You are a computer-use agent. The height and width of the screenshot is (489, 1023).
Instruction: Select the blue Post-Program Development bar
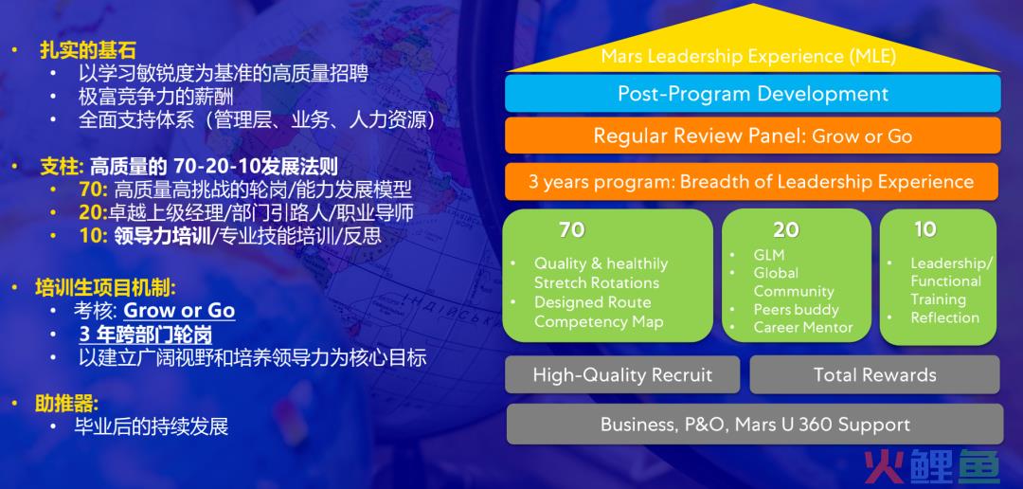752,94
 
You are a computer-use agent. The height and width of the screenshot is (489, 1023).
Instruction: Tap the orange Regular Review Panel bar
752,136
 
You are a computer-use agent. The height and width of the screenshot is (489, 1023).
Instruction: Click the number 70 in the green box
571,229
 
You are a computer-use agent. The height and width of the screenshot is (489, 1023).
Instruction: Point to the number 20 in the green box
786,229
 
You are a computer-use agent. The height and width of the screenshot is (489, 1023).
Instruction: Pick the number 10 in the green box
925,229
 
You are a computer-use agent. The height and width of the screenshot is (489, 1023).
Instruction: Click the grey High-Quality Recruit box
622,374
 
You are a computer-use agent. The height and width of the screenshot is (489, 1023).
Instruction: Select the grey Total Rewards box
874,374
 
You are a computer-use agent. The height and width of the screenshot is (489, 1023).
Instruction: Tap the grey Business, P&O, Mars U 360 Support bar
755,425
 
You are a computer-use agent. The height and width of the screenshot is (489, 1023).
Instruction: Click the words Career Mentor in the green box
803,328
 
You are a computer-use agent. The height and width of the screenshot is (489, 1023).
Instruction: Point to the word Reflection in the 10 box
944,318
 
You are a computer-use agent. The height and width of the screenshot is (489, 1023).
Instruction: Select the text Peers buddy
796,310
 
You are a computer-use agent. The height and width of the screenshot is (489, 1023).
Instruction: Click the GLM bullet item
768,255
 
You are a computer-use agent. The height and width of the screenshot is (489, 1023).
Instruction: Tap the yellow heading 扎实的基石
88,50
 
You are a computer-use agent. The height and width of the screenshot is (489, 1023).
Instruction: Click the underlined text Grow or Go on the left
179,310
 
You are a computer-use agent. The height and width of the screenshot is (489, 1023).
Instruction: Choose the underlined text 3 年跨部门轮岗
146,335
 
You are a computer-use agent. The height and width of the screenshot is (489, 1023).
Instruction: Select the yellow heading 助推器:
66,404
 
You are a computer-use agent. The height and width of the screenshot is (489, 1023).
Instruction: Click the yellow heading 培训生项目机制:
106,287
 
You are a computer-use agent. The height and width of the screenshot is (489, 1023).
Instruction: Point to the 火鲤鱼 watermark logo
932,467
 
